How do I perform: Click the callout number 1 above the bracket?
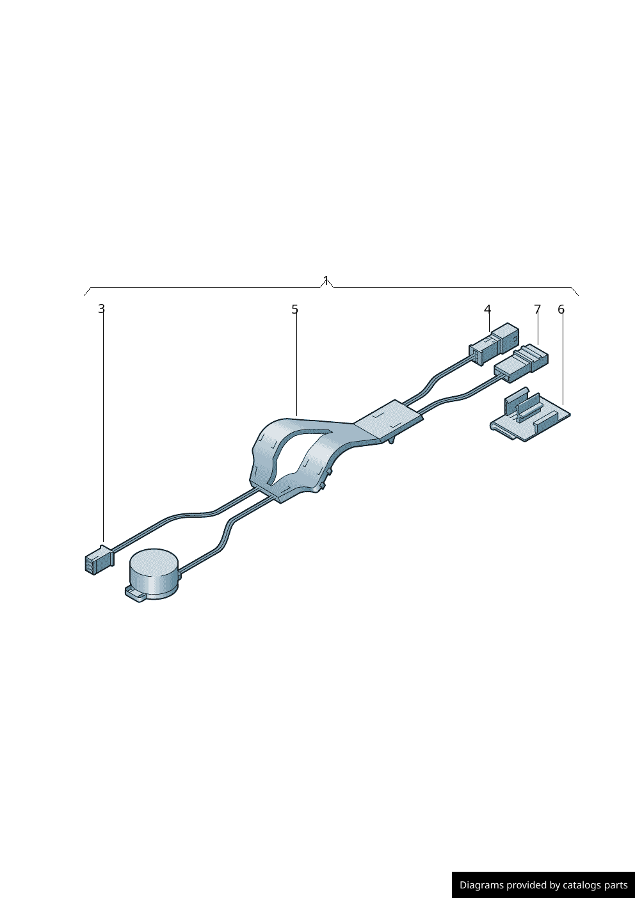326,280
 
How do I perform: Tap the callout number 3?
101,309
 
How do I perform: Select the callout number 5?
294,309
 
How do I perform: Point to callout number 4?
487,309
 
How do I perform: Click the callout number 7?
537,309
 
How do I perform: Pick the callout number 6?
561,309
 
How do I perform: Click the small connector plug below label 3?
100,559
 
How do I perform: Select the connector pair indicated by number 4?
494,344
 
